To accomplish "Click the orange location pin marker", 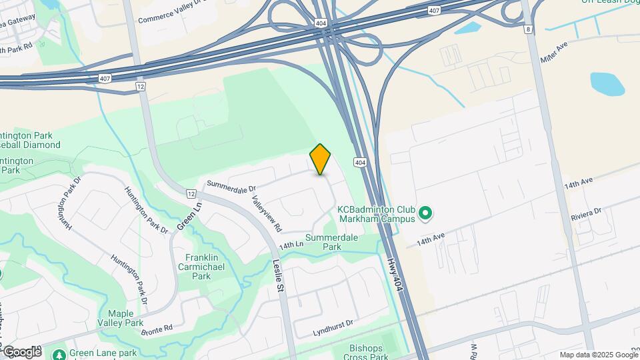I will (x=321, y=159).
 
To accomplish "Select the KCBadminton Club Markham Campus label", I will (x=377, y=213).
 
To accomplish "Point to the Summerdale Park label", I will (x=332, y=242).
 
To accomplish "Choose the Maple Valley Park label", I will (x=125, y=318).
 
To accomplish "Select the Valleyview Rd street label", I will (x=267, y=213).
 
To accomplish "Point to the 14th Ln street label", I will (x=291, y=245).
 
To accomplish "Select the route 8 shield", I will (x=528, y=29).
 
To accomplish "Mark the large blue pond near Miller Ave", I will (x=607, y=84).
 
